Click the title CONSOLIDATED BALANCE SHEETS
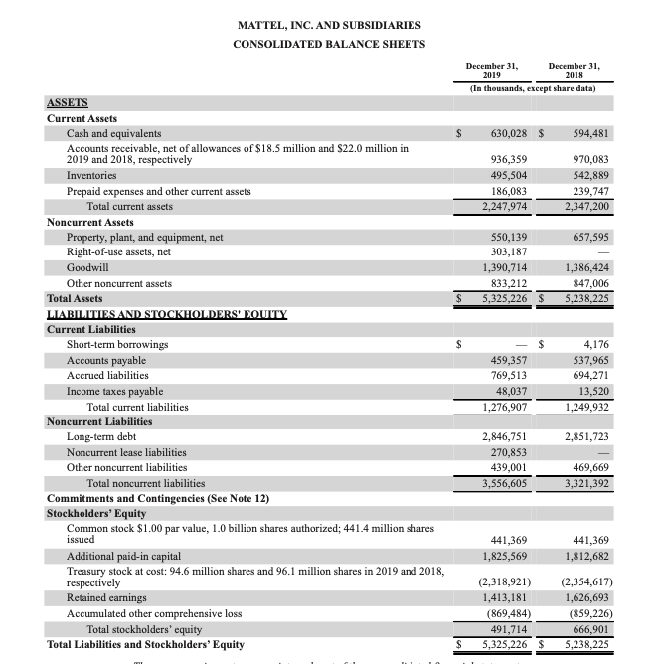click(x=328, y=44)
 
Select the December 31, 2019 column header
click(x=490, y=69)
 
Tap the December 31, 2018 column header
click(x=578, y=69)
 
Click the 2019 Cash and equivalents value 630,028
click(x=501, y=133)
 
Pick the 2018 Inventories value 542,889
click(x=586, y=175)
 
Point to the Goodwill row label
click(x=87, y=268)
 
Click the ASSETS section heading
click(x=68, y=102)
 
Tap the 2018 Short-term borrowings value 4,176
click(x=594, y=344)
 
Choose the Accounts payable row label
click(x=105, y=360)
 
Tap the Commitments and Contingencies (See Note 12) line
click(x=158, y=498)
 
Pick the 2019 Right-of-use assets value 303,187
click(x=501, y=252)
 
